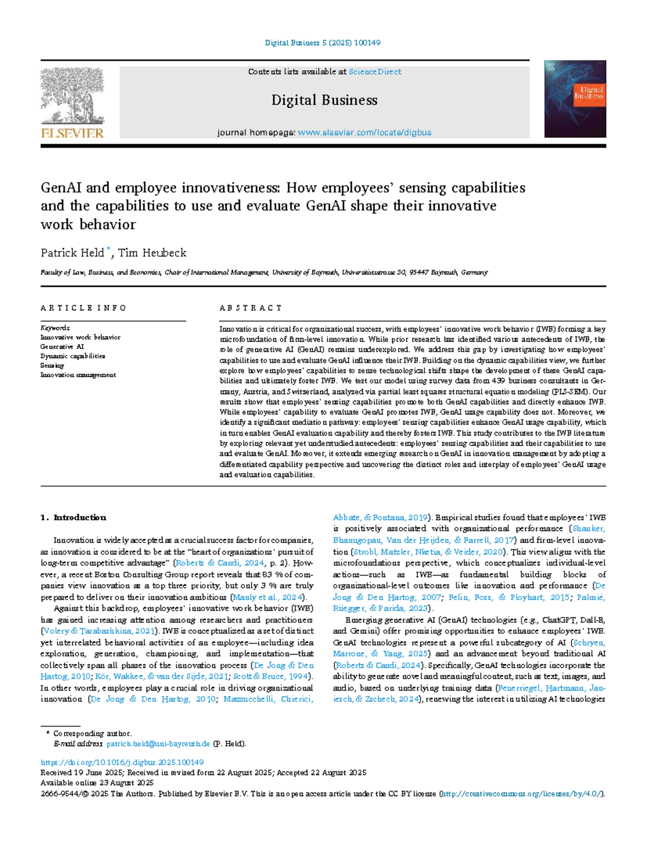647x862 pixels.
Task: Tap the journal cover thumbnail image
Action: pyautogui.click(x=575, y=99)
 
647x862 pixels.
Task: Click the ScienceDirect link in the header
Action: pyautogui.click(x=375, y=72)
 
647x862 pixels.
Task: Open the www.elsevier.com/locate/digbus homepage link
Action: pyautogui.click(x=364, y=133)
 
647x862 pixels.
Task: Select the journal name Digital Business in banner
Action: pyautogui.click(x=324, y=100)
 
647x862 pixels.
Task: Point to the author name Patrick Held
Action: pyautogui.click(x=72, y=253)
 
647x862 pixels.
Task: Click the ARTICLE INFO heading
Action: pyautogui.click(x=83, y=308)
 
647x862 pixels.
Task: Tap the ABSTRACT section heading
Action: pyautogui.click(x=251, y=308)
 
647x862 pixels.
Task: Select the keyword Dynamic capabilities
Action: pyautogui.click(x=73, y=356)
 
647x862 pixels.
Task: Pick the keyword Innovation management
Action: pyautogui.click(x=78, y=375)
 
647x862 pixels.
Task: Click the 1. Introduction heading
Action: pyautogui.click(x=73, y=518)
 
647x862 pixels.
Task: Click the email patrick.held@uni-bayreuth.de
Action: pyautogui.click(x=158, y=744)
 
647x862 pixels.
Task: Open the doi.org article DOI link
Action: pyautogui.click(x=122, y=762)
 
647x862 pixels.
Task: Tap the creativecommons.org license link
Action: pyautogui.click(x=521, y=794)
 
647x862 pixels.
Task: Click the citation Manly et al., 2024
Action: pyautogui.click(x=268, y=597)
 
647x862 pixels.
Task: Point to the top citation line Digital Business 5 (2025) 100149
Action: pyautogui.click(x=322, y=43)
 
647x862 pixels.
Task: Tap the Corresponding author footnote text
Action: pyautogui.click(x=92, y=734)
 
